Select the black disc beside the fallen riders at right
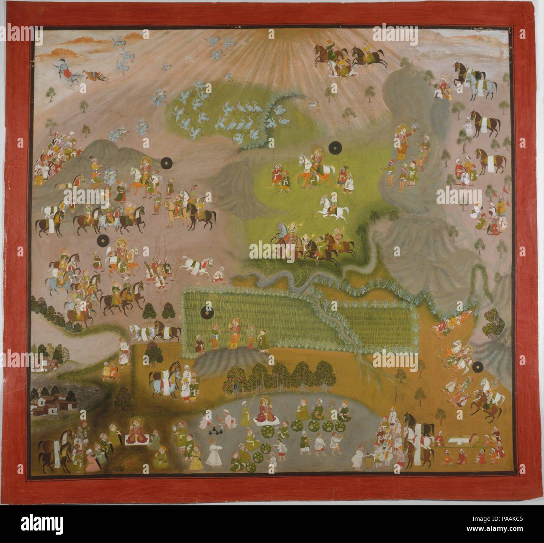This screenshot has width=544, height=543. [x=476, y=368]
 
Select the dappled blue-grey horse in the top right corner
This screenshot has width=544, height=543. [x=478, y=82]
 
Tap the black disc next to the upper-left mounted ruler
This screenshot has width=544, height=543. [x=167, y=162]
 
